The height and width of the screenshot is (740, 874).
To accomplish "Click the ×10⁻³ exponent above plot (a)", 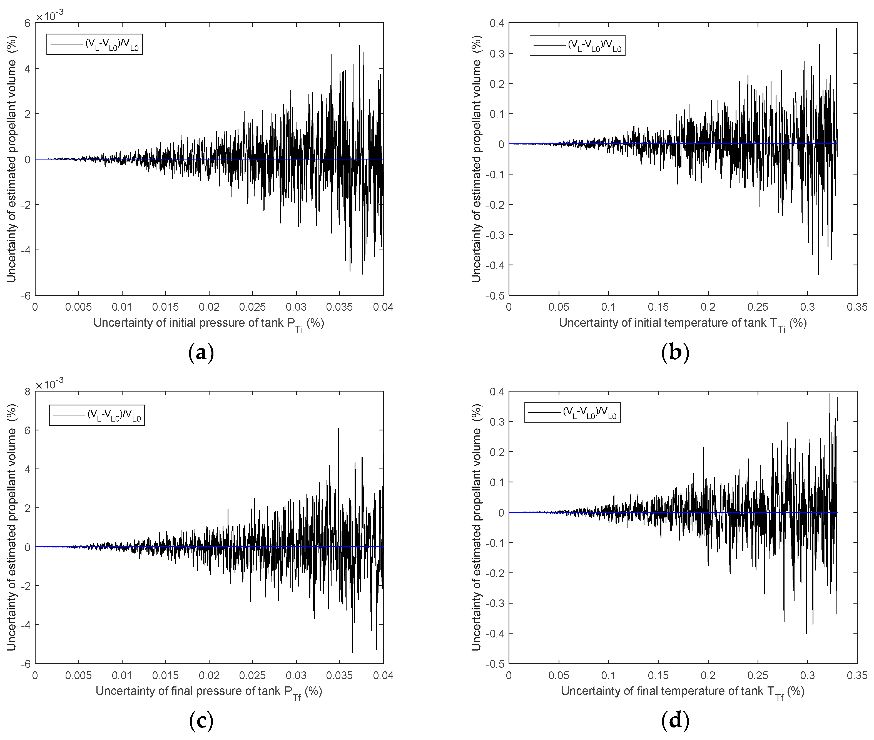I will (49, 16).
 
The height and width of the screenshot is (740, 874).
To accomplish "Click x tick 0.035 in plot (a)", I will (339, 307).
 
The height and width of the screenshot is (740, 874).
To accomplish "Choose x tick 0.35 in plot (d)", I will (856, 676).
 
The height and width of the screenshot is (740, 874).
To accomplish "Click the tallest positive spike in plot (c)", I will (338, 429).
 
